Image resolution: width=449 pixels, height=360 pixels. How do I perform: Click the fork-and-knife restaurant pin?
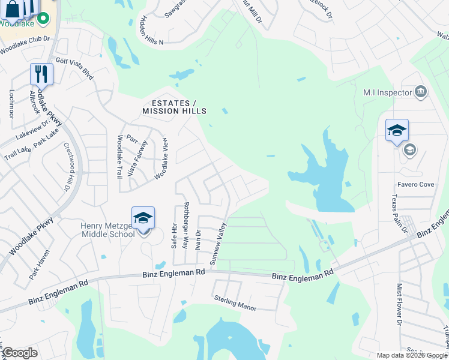[41, 74]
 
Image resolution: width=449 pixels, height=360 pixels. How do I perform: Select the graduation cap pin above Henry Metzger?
[143, 218]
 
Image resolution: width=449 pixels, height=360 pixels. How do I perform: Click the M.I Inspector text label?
[388, 92]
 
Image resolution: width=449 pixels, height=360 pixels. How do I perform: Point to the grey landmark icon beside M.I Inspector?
[421, 92]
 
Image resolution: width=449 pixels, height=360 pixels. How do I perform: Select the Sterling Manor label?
[235, 303]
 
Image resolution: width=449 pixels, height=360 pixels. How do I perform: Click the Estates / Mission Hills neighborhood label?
[174, 107]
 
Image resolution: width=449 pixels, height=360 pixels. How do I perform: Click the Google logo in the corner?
[20, 353]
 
